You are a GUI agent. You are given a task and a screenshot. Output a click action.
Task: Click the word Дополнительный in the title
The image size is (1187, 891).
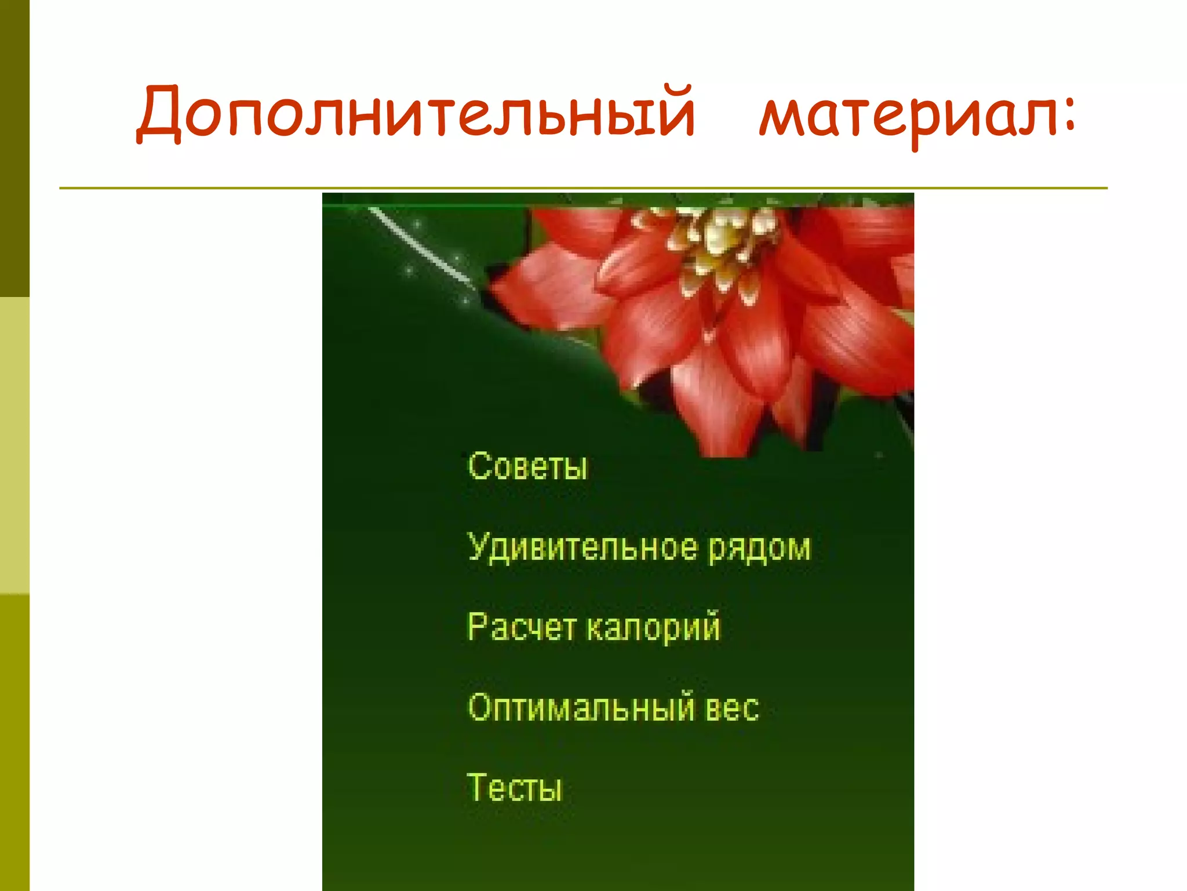tap(415, 113)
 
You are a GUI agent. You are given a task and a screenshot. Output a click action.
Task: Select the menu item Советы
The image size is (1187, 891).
tap(527, 466)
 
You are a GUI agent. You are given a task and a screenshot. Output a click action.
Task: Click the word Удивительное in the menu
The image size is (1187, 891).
tap(582, 547)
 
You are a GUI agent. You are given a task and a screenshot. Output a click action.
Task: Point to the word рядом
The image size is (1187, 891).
tap(759, 548)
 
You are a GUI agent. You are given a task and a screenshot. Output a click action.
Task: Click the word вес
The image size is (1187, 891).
tap(731, 708)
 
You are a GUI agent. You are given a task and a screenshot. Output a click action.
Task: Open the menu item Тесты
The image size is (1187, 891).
tap(515, 788)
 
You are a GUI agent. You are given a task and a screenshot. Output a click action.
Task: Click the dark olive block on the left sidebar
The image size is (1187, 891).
tap(14, 148)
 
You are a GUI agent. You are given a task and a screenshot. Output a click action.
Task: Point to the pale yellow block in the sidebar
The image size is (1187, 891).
tap(14, 445)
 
